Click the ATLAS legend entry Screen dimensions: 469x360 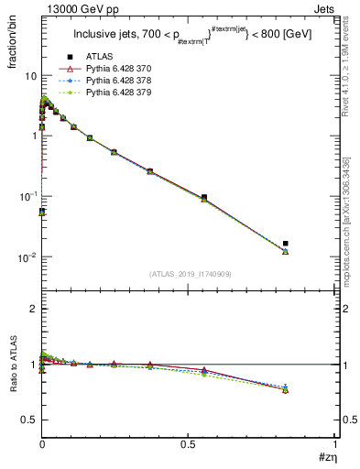(x=100, y=58)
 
